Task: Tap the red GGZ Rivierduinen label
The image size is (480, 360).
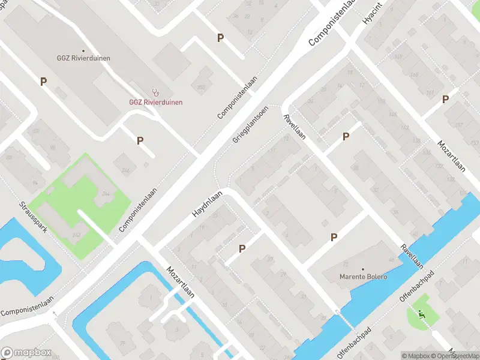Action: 155,102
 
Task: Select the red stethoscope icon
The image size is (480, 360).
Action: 156,92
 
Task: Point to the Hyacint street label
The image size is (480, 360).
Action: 372,13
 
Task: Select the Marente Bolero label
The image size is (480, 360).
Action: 362,277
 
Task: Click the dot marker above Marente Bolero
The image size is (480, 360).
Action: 362,269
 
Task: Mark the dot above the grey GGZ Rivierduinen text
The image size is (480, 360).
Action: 83,50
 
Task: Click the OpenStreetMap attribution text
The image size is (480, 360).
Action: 458,356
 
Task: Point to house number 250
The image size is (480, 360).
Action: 201,88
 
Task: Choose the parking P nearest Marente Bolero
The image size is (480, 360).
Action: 334,238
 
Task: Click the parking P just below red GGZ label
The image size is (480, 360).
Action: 140,141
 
